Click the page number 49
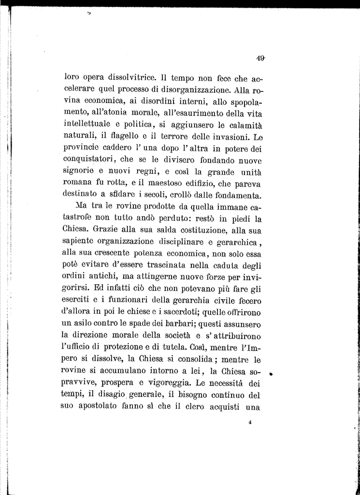[260, 58]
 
